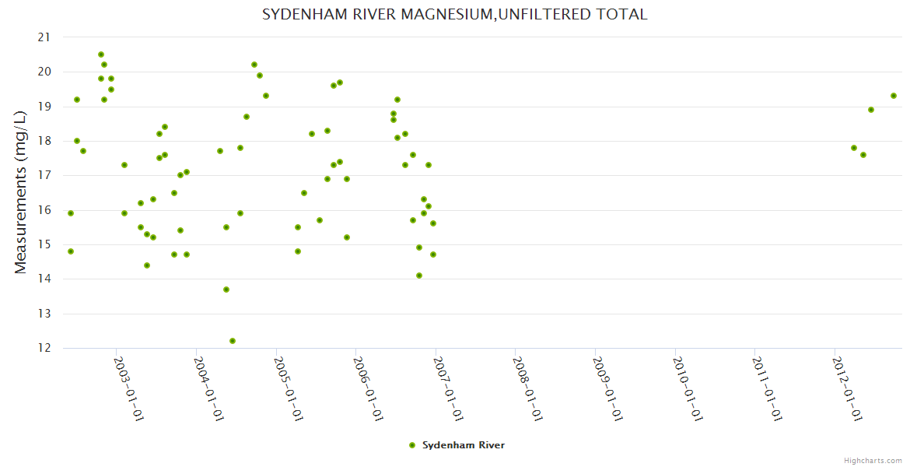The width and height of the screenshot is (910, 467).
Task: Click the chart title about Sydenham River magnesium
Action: (454, 15)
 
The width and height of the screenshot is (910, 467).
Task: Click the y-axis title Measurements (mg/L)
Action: (21, 191)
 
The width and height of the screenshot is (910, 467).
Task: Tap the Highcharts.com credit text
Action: (873, 460)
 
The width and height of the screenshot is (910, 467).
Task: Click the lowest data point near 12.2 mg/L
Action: (233, 341)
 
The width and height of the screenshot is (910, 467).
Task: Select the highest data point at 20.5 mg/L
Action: (101, 54)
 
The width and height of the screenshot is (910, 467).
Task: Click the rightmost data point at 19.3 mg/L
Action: (894, 96)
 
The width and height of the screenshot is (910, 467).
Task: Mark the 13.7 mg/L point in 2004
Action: (226, 290)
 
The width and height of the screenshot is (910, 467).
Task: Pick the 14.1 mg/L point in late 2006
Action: (419, 276)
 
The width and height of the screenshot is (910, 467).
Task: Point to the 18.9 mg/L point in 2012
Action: (871, 110)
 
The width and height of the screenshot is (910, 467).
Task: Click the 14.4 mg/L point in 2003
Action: (147, 265)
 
